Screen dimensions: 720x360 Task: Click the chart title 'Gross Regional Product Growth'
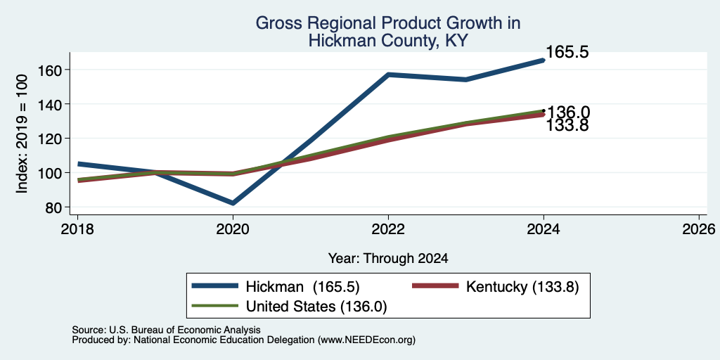pos(388,23)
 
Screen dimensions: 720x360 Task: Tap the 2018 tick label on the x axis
pos(77,229)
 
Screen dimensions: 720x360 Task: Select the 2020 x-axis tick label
pos(233,229)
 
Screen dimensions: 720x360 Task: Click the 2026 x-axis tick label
pos(699,229)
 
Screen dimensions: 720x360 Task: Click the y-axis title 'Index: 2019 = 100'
pos(22,134)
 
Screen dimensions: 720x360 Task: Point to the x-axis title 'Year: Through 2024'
pos(388,259)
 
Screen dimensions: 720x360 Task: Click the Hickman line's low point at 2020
pos(233,203)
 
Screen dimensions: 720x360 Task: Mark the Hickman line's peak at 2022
pos(388,75)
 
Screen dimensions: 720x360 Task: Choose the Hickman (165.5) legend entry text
pos(302,287)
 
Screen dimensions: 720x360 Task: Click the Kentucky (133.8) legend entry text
pos(522,287)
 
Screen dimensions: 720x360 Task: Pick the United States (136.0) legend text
pos(317,307)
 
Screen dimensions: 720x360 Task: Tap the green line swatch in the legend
pos(215,305)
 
